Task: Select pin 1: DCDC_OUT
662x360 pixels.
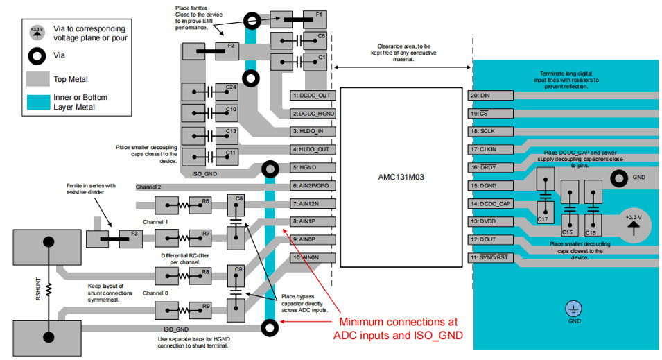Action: tap(313, 95)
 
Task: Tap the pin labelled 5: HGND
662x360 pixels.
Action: tap(313, 167)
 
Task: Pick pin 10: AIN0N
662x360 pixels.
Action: tap(313, 257)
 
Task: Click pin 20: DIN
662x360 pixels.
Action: tap(490, 95)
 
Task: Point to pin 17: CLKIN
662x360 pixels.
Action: tap(490, 149)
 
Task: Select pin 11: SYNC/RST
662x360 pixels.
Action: tap(490, 257)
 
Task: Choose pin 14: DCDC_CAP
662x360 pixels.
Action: tap(490, 203)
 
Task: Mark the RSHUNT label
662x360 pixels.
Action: tap(38, 288)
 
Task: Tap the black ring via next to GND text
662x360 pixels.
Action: tap(616, 178)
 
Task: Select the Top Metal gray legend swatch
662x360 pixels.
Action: tap(39, 79)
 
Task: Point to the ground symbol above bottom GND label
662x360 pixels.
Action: tap(575, 309)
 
